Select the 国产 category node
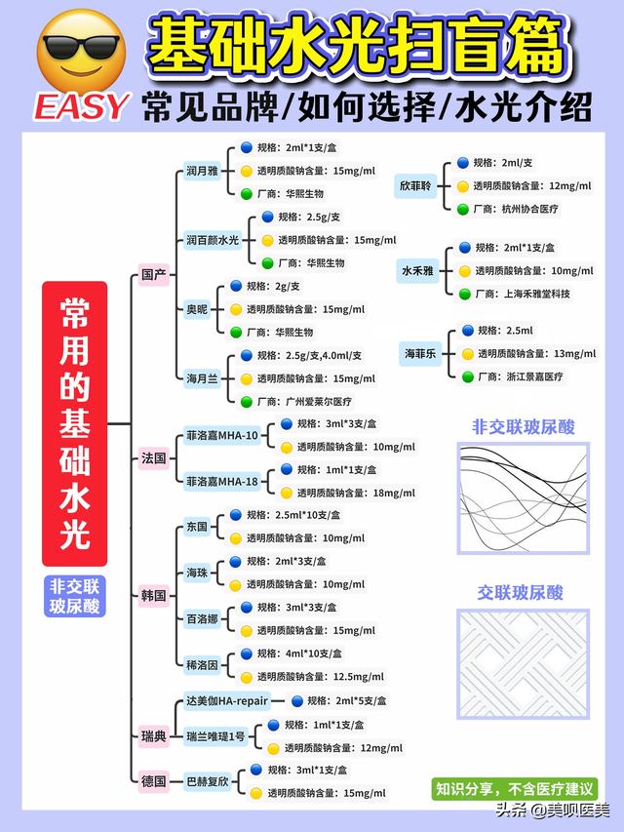pyautogui.click(x=154, y=275)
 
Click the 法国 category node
pyautogui.click(x=154, y=456)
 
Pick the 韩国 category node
pyautogui.click(x=154, y=595)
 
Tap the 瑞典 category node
pyautogui.click(x=154, y=737)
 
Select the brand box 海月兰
pyautogui.click(x=202, y=377)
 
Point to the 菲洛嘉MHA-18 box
pyautogui.click(x=222, y=481)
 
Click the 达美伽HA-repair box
pyautogui.click(x=224, y=700)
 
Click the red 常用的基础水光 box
pyautogui.click(x=73, y=424)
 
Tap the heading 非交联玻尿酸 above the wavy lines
pyautogui.click(x=523, y=426)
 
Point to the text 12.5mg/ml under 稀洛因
pyautogui.click(x=361, y=676)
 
